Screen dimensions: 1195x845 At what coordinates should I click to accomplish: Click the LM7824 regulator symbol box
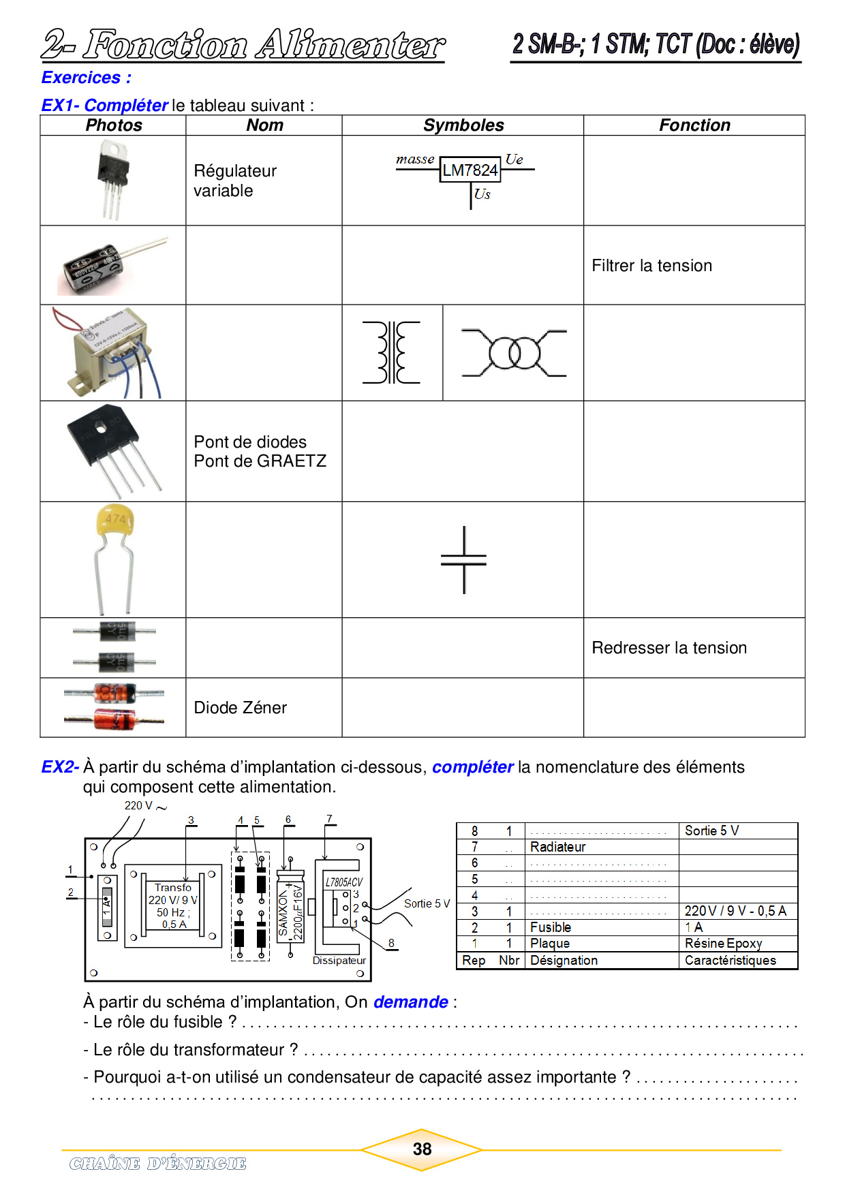point(470,170)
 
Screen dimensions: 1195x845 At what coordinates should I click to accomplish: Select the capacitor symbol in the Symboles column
point(463,559)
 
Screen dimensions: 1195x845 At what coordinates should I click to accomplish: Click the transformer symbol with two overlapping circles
point(514,353)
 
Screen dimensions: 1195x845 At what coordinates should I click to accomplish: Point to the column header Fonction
point(694,125)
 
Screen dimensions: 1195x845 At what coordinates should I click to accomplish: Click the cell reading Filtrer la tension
point(651,266)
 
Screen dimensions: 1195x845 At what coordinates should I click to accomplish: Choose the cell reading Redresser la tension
point(669,648)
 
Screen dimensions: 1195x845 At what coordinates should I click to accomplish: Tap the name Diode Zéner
point(240,708)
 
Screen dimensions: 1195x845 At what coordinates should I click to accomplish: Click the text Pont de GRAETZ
point(260,461)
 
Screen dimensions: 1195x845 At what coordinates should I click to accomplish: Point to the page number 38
point(422,1149)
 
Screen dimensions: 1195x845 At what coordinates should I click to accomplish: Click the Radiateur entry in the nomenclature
point(557,847)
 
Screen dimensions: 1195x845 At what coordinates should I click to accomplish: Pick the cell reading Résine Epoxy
point(723,944)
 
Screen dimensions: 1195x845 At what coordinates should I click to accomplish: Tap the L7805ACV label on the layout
point(343,882)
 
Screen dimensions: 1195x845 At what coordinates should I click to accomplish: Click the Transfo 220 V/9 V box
point(173,905)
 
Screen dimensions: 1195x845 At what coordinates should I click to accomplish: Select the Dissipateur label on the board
point(339,961)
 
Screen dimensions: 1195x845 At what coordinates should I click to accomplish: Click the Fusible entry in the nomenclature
point(551,927)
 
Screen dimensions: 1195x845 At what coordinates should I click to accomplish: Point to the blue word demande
point(410,1002)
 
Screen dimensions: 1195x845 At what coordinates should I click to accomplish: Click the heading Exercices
point(86,78)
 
